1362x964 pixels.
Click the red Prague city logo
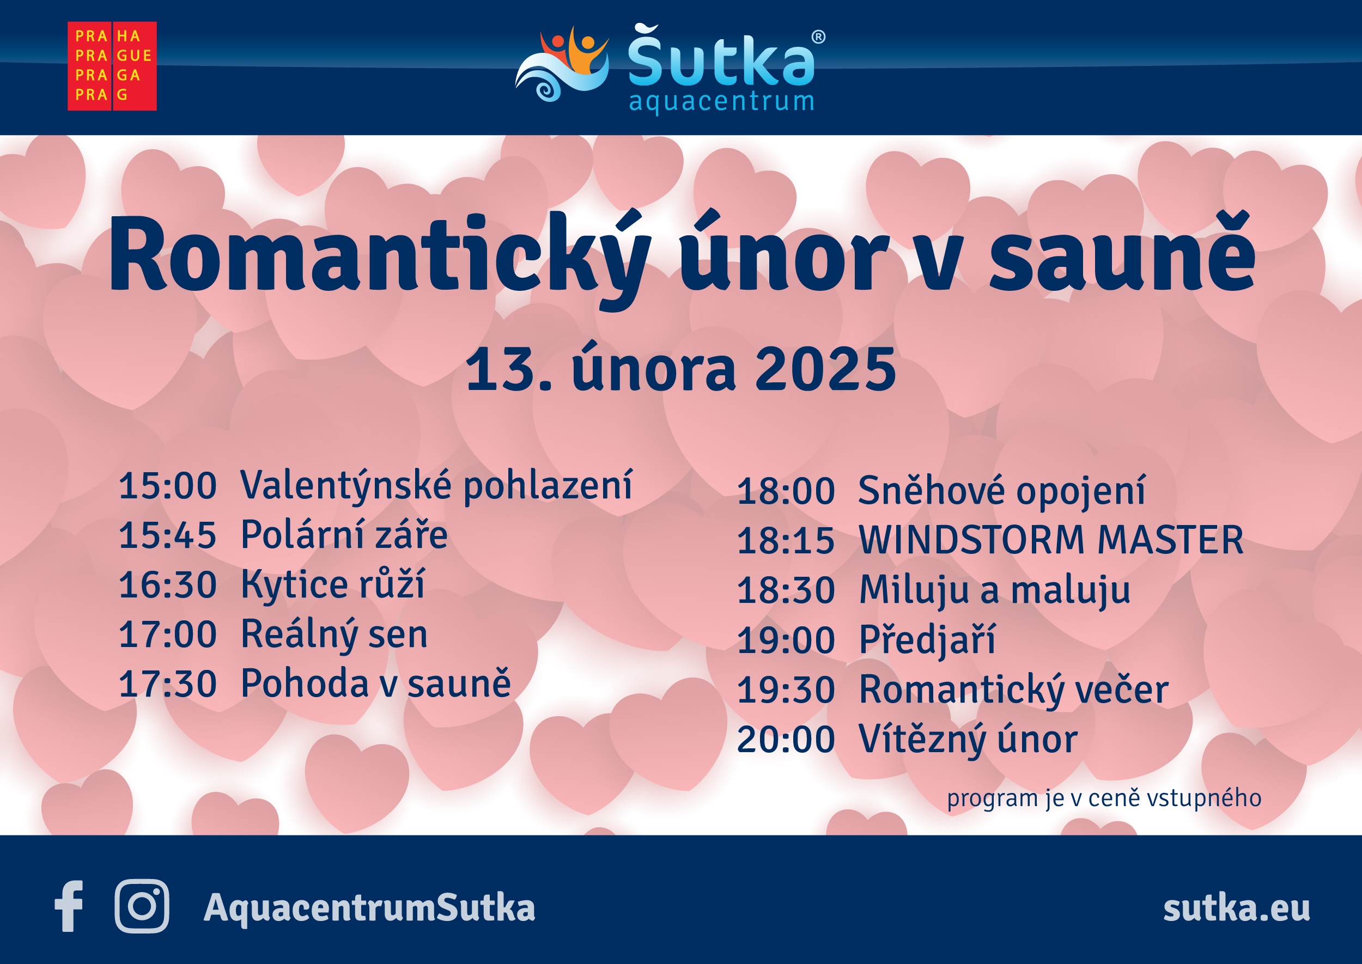pos(112,66)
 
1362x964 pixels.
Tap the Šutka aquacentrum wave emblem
pos(562,64)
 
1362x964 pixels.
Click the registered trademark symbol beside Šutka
pos(818,37)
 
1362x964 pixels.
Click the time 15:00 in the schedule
pos(167,486)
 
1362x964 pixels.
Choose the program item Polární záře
pos(344,535)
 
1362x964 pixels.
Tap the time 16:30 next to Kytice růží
pos(167,585)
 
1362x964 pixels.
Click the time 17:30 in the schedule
pos(167,684)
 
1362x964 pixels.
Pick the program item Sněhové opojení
pos(1001,491)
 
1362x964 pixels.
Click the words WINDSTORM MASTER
pos(1051,540)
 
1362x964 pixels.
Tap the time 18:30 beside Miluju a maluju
pos(786,590)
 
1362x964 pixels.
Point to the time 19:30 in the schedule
pos(786,691)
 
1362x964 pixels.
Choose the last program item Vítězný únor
pos(968,740)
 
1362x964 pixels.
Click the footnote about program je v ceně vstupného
pos(1104,798)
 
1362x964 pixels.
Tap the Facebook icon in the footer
pos(69,906)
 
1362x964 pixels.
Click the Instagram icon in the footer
pos(142,906)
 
